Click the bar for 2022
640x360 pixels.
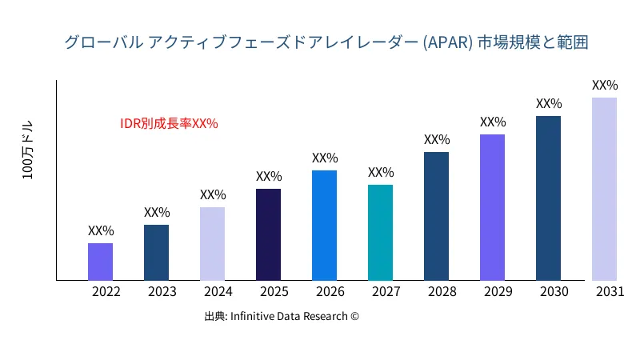100,262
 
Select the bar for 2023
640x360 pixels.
156,253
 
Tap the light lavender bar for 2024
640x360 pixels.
212,244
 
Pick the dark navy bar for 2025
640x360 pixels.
268,234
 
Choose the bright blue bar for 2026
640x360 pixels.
324,226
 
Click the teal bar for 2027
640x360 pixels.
380,233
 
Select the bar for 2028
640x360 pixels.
436,216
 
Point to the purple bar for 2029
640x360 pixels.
492,207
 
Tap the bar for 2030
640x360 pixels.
548,198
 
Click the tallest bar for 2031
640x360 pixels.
604,189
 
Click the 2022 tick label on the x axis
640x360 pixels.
106,292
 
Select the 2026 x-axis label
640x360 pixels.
330,292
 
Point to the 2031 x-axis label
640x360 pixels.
610,292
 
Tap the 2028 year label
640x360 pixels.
442,292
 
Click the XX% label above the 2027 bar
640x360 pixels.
381,172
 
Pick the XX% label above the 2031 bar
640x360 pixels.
605,85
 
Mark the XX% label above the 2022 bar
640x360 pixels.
101,230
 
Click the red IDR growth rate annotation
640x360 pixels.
169,124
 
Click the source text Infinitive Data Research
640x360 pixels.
282,316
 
